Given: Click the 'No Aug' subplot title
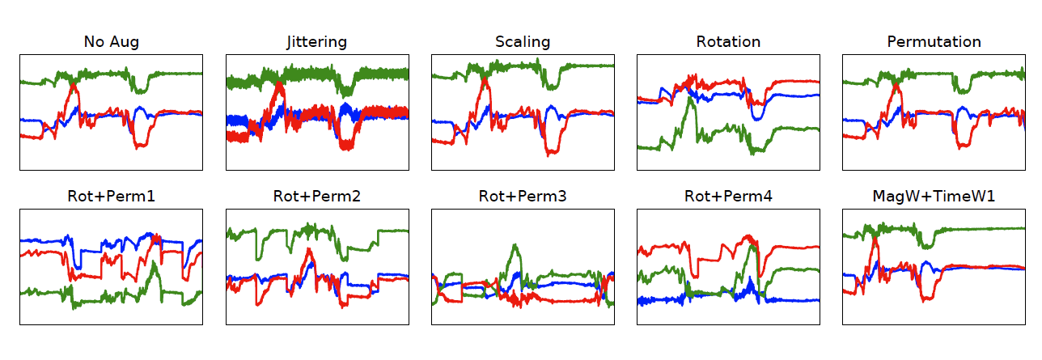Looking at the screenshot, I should tap(111, 42).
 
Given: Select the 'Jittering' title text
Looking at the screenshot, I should tap(316, 42).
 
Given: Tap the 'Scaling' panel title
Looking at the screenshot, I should tap(523, 42).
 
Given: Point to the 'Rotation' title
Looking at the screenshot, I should tap(728, 42).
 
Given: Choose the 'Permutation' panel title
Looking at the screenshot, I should tap(934, 42).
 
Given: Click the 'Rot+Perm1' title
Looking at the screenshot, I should tap(111, 197).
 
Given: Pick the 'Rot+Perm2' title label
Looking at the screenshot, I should tap(316, 197).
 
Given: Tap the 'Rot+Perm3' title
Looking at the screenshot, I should tap(523, 197).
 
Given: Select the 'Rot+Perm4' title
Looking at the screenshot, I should tap(728, 197).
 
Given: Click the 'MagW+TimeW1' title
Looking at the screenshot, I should tap(934, 197).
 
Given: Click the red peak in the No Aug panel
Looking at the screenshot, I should tap(74, 84).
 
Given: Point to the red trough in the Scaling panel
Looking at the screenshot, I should tap(553, 151).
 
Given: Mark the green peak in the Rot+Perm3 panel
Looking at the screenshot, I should tap(515, 246).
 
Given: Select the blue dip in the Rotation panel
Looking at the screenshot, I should tap(757, 118).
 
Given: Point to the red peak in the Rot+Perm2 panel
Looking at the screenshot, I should tap(307, 252).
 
